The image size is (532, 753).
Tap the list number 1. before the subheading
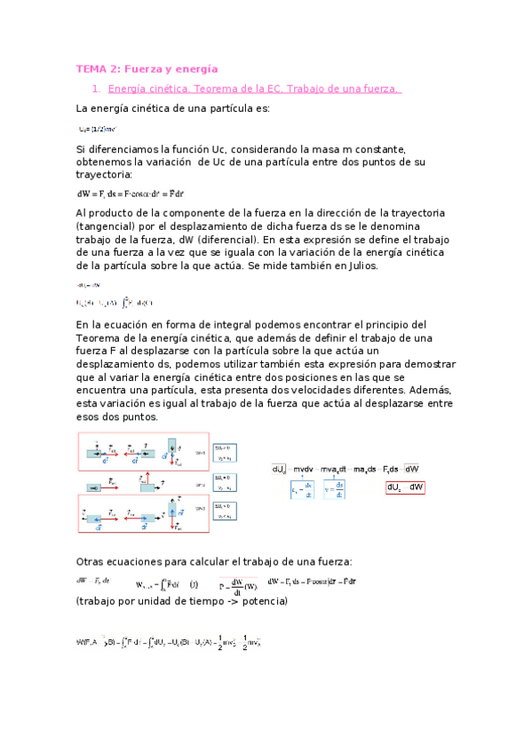coord(97,89)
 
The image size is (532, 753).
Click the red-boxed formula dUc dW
coord(406,487)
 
